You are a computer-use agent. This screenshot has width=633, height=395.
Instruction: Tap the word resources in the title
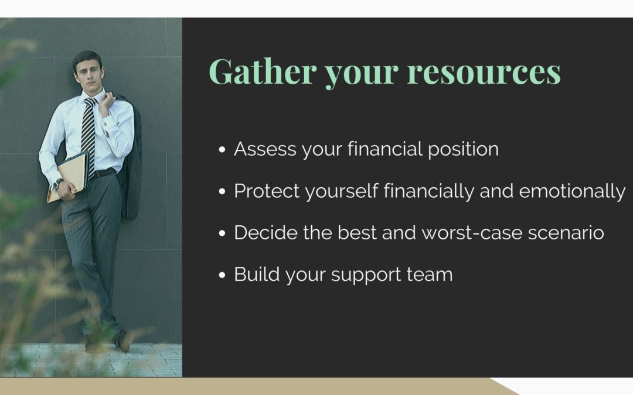[484, 72]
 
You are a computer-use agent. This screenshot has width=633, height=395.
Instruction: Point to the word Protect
[267, 191]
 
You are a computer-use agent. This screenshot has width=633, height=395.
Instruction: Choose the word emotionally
[572, 191]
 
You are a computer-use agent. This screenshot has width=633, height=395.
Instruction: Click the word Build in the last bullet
[257, 274]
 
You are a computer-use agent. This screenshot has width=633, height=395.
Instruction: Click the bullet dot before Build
[222, 275]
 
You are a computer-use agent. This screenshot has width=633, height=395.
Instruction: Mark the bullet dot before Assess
[222, 150]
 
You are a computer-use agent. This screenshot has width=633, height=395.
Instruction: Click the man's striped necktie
[89, 135]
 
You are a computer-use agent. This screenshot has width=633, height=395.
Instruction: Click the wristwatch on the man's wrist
[57, 183]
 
